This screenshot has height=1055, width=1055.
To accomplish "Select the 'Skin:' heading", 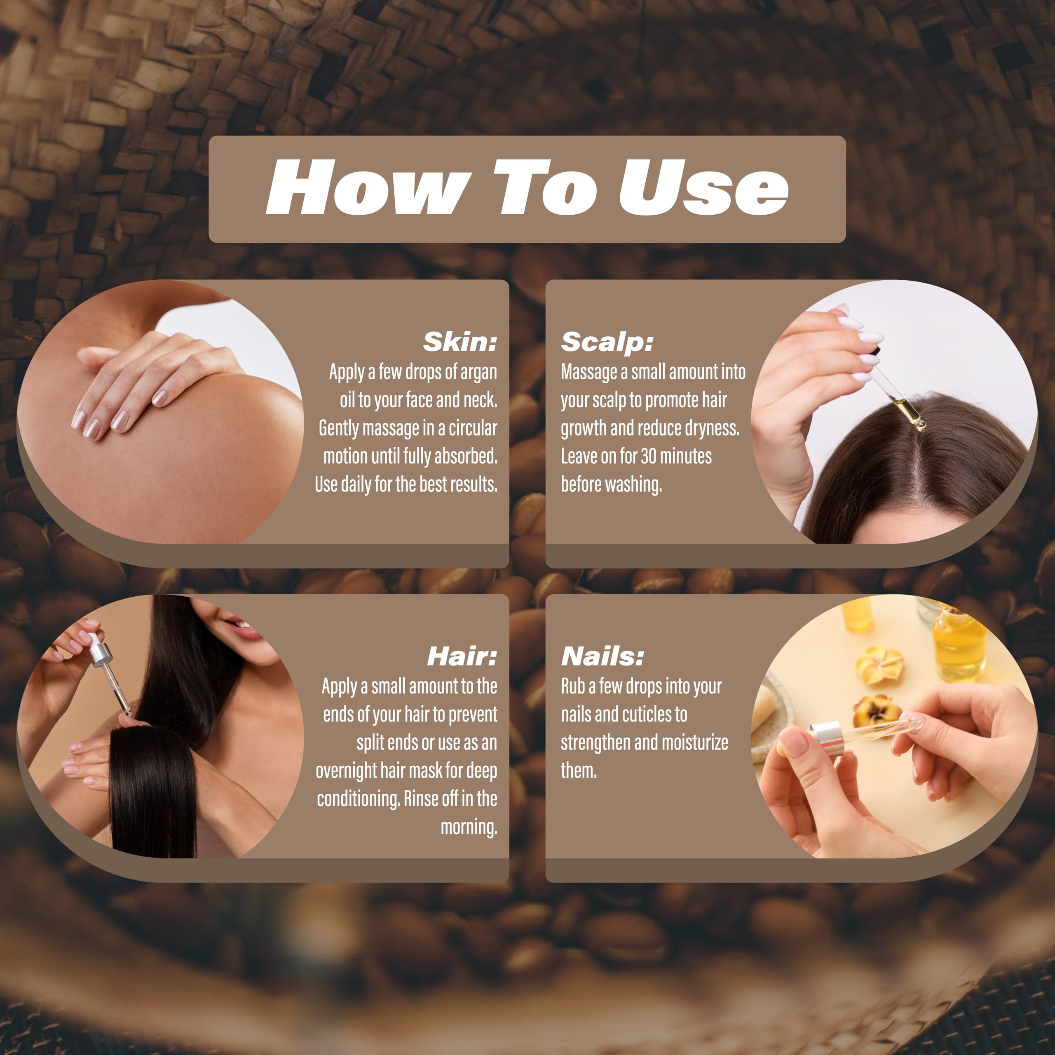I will click(x=460, y=342).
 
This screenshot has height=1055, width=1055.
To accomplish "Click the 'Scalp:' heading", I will click(x=607, y=342).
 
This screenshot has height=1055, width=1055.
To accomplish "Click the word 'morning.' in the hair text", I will click(x=469, y=827).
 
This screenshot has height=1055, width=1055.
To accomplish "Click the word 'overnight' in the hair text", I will click(x=346, y=771).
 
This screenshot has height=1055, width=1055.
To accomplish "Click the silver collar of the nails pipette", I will click(x=825, y=738).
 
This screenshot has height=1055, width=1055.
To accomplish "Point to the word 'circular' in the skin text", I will click(x=472, y=428).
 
